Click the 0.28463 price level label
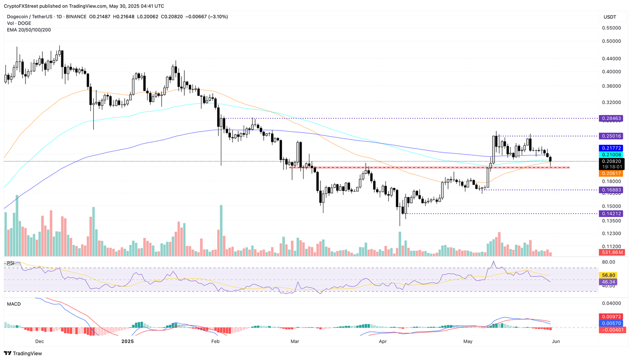[611, 118]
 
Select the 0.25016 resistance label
[611, 136]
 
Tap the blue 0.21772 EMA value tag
[611, 148]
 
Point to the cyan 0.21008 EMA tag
[611, 155]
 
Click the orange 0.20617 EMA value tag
[611, 174]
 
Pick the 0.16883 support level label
[611, 190]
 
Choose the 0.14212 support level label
[611, 214]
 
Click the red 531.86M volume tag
[611, 252]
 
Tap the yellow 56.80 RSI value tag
[609, 275]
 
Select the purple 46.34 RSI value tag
[609, 282]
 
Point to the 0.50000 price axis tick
[611, 41]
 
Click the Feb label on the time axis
[215, 341]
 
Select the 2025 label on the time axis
[128, 341]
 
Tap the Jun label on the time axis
[555, 341]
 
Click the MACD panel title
[14, 304]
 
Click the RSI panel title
[10, 263]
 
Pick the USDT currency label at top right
[610, 17]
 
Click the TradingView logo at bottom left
[23, 353]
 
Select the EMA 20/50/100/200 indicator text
[29, 30]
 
